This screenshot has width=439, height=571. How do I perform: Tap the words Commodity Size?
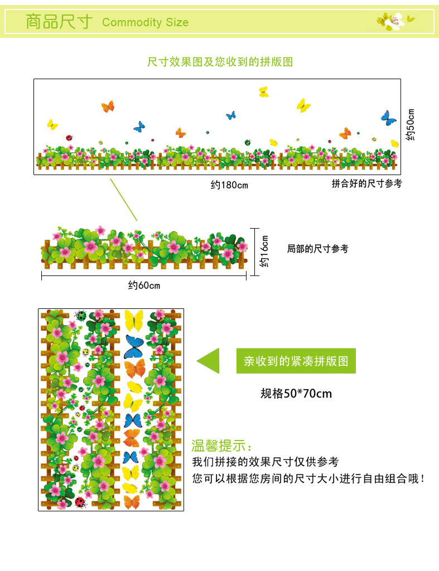[146, 23]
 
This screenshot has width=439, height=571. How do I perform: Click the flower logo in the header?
[395, 21]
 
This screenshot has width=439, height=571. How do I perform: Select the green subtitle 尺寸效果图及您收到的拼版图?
[220, 62]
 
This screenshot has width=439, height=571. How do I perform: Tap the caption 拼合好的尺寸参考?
[366, 183]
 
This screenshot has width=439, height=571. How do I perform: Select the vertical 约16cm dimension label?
[264, 250]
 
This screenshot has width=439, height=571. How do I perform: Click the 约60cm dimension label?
[144, 285]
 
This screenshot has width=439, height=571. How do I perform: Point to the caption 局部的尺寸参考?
[317, 249]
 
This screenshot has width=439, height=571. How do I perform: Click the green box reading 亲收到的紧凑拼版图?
[296, 361]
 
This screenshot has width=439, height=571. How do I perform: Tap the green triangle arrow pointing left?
[208, 361]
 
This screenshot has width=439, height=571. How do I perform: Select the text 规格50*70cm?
[296, 394]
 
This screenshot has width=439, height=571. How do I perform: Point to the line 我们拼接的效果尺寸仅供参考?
[265, 462]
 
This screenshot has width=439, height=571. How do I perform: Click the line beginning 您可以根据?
[308, 478]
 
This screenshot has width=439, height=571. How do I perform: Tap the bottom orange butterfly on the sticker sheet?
[132, 501]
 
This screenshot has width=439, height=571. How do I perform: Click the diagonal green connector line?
[123, 200]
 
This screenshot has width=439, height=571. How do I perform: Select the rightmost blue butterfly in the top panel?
[388, 118]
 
